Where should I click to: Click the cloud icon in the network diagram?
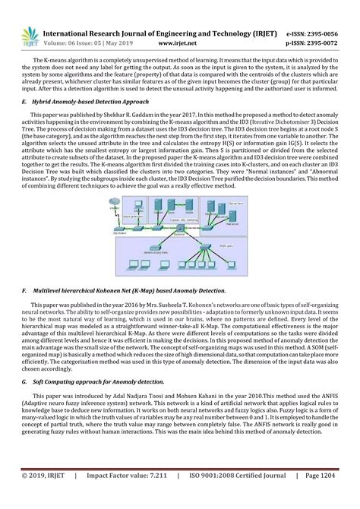pyautogui.click(x=113, y=199)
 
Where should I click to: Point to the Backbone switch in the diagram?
pyautogui.click(x=179, y=233)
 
